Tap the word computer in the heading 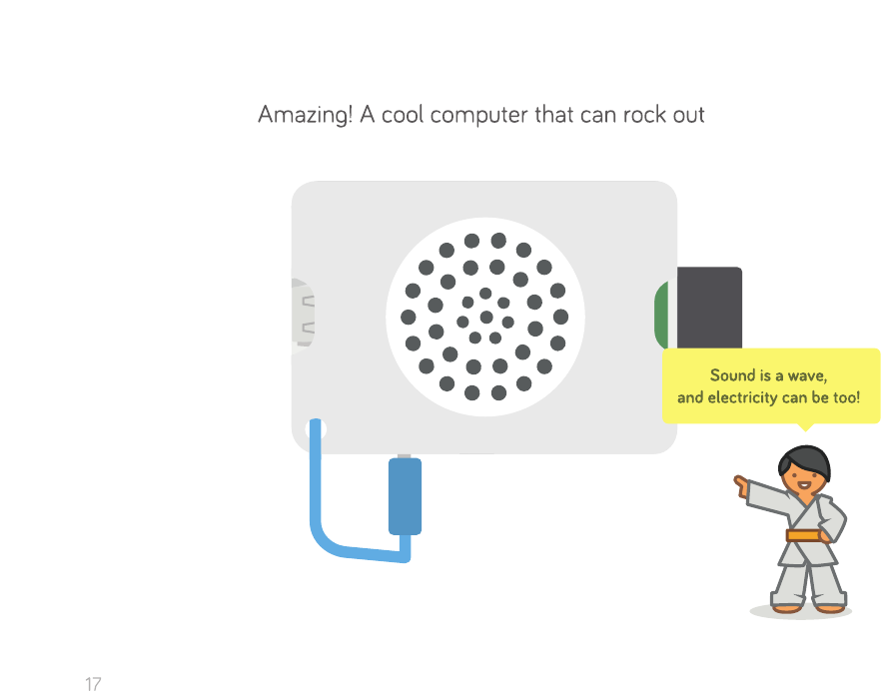click(x=478, y=116)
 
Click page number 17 click(x=93, y=684)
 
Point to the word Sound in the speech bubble click(x=731, y=375)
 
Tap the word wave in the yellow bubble click(x=807, y=375)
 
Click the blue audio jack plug click(x=404, y=496)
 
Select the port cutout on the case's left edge click(x=303, y=316)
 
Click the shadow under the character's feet click(x=800, y=611)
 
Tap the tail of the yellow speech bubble click(x=806, y=426)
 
